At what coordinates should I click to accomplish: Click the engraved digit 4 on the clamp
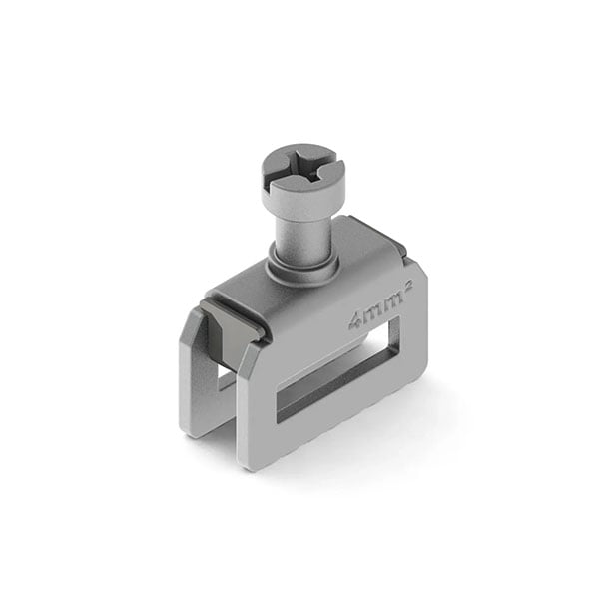point(355,322)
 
